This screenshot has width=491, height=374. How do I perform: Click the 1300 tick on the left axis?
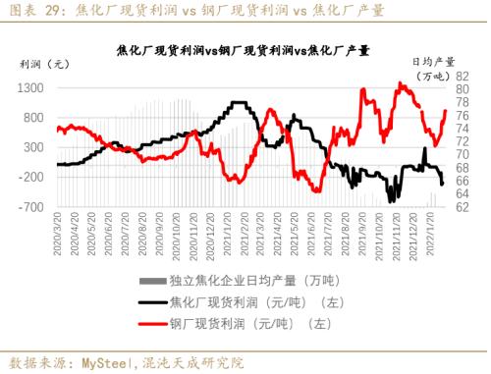tap(30, 87)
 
